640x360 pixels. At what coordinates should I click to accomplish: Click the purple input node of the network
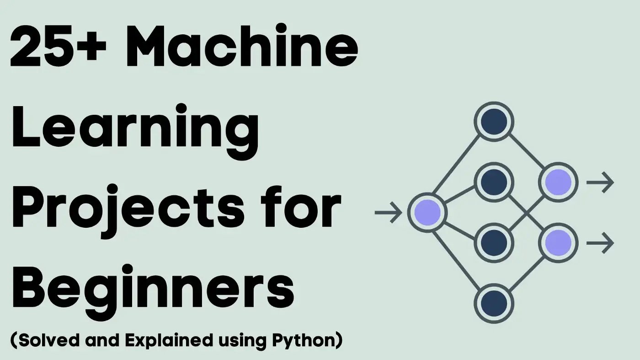point(427,212)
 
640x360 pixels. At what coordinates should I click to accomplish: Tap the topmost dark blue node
point(494,122)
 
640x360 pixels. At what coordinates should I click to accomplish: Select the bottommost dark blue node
point(494,303)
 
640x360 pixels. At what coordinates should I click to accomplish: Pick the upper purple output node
point(559,182)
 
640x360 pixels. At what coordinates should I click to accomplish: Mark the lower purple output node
point(559,242)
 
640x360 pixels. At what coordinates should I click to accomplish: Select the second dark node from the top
point(494,182)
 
